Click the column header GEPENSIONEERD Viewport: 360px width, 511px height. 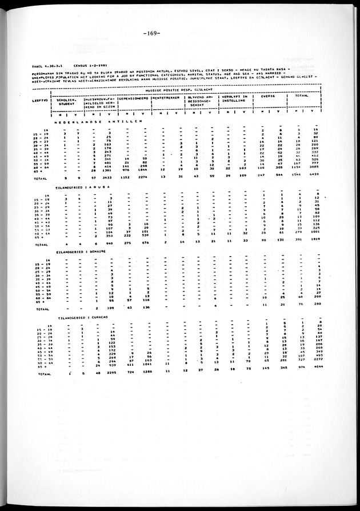[x=134, y=98]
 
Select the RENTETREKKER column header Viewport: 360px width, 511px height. [x=166, y=98]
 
